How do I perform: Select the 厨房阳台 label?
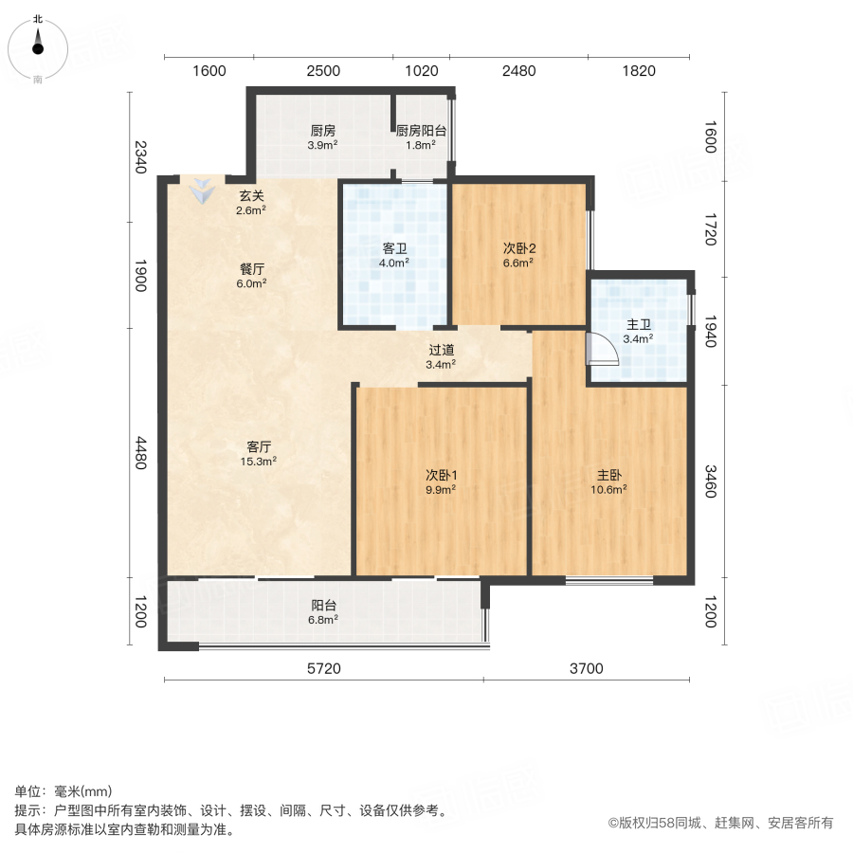421,132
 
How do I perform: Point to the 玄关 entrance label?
251,196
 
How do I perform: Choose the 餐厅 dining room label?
251,268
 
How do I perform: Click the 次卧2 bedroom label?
519,249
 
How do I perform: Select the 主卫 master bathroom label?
637,324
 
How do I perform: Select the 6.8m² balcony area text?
324,619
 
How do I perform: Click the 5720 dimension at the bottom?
323,669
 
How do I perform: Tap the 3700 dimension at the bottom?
587,669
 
